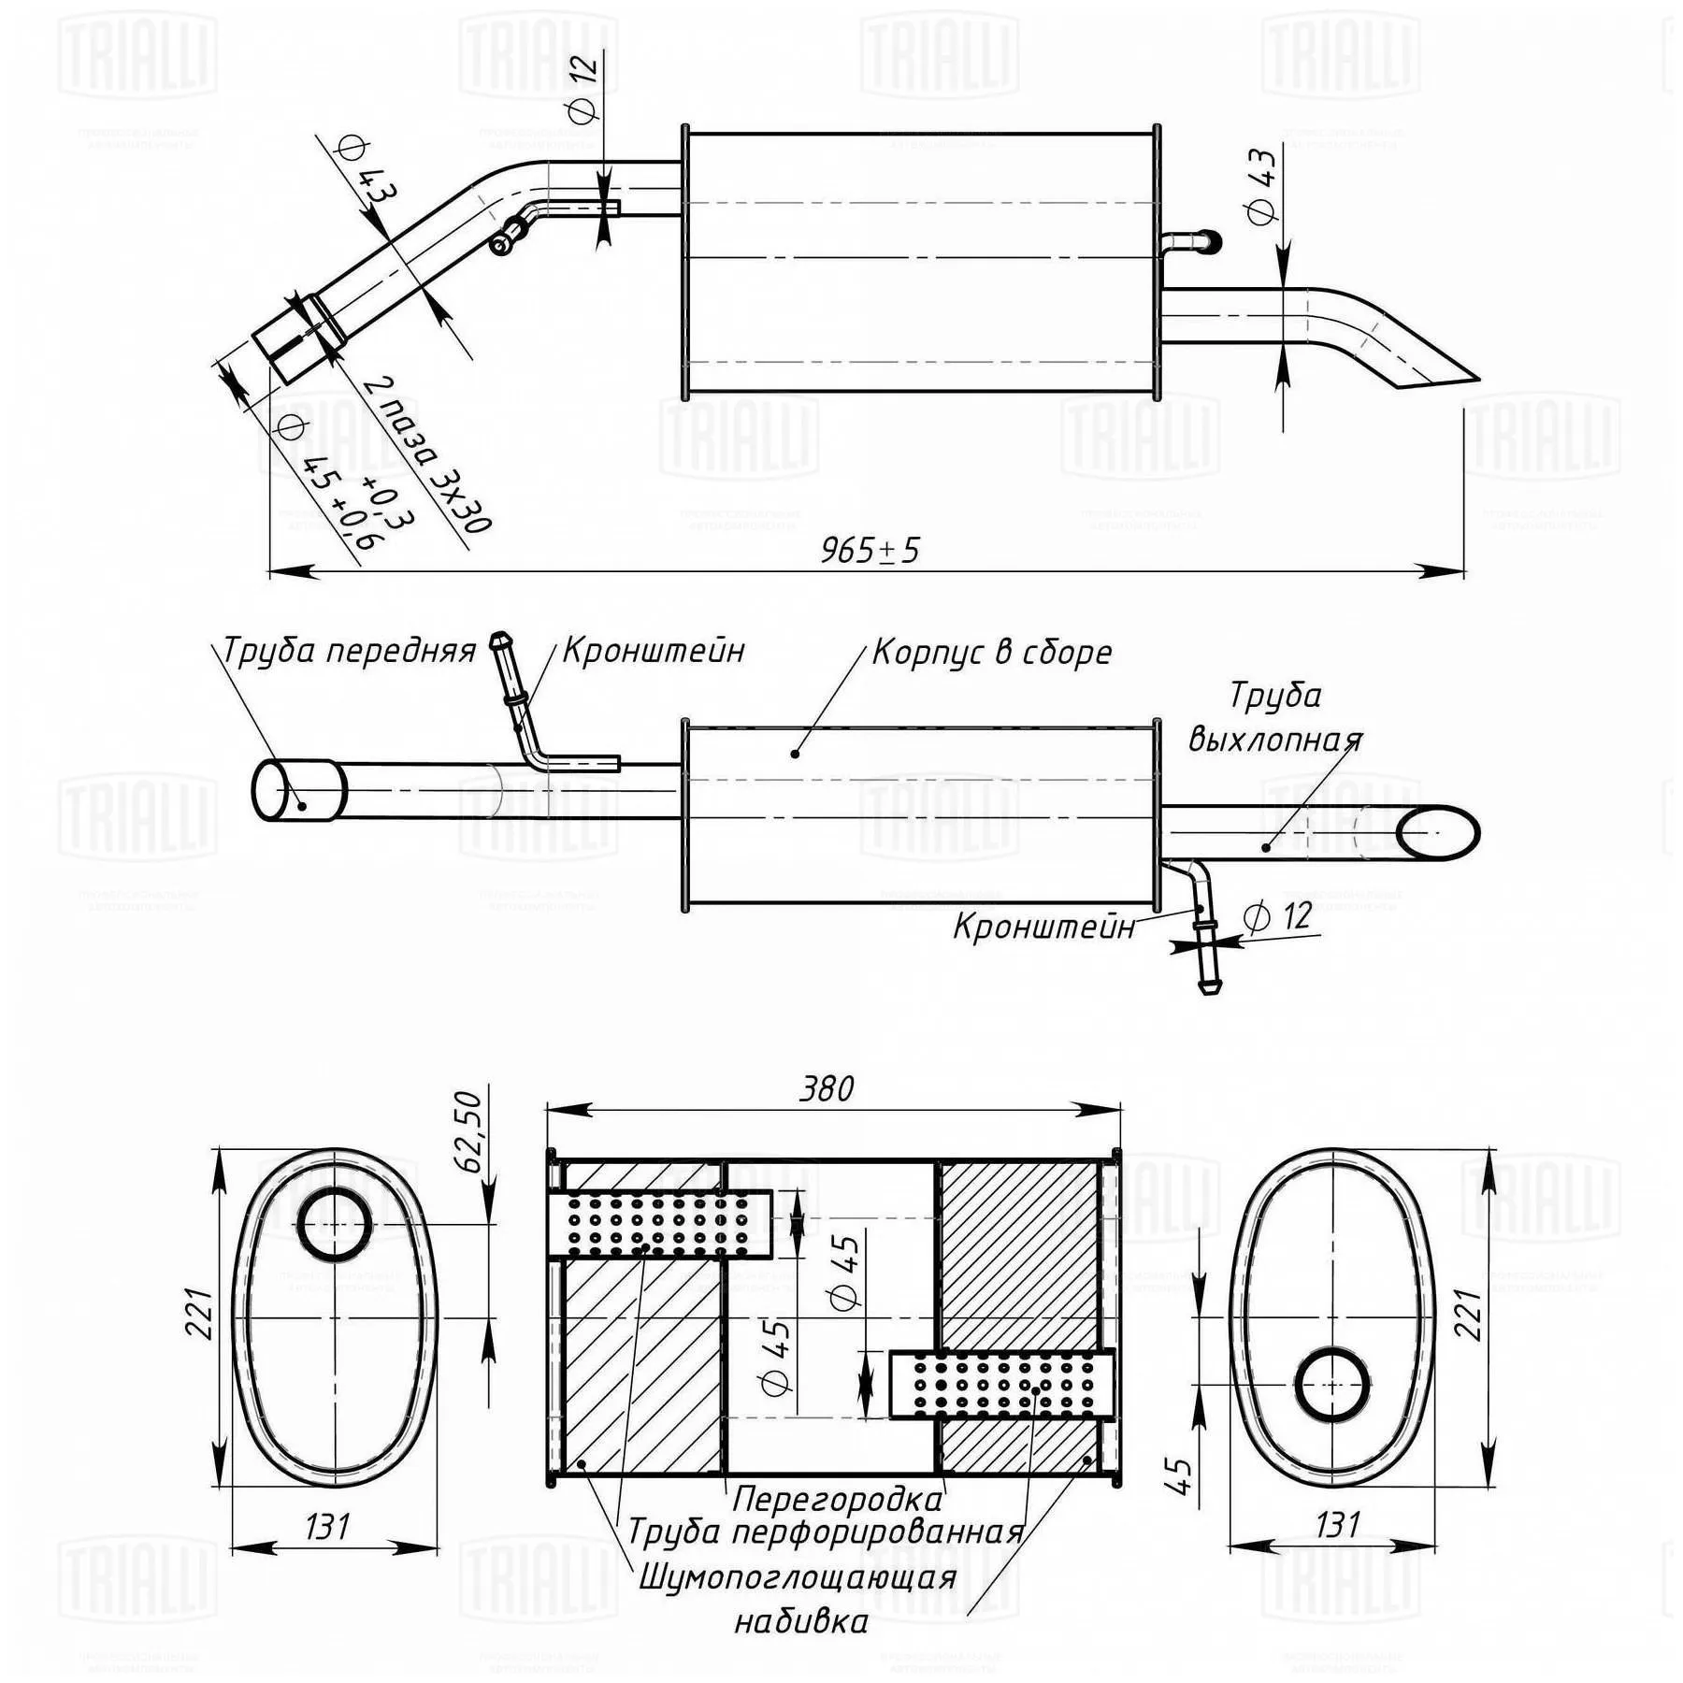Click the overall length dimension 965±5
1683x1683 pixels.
coord(870,550)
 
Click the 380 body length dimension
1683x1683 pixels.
coord(827,1088)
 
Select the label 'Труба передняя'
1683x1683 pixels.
coord(349,650)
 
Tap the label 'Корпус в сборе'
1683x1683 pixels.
coord(992,652)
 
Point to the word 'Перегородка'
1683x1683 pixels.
coord(837,1500)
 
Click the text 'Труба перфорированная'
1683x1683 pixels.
coord(826,1532)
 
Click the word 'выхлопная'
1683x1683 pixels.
coord(1275,740)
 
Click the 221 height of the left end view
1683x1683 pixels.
coord(202,1313)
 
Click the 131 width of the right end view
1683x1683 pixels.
coord(1337,1526)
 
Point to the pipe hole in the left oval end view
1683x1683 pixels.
coord(334,1225)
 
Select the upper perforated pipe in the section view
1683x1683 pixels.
coord(660,1224)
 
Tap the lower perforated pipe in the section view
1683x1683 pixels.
coord(1000,1385)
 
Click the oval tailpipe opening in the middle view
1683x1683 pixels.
coord(1438,831)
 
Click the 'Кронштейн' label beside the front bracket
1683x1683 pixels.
coord(654,650)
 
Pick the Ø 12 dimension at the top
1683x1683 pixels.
coord(582,87)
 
